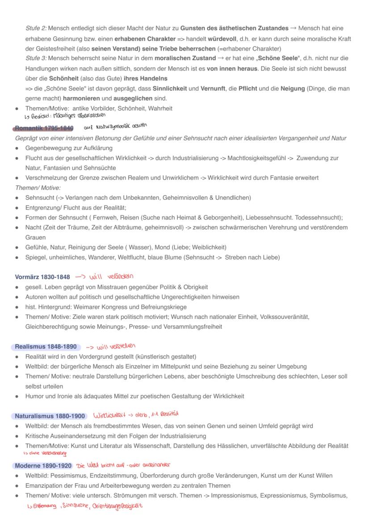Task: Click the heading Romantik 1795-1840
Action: [44, 128]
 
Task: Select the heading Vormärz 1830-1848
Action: [42, 277]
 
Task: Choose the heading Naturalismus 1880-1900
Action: [50, 416]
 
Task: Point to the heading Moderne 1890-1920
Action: [43, 465]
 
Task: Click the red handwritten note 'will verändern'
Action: [105, 276]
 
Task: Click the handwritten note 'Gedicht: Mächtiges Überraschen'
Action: [56, 117]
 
